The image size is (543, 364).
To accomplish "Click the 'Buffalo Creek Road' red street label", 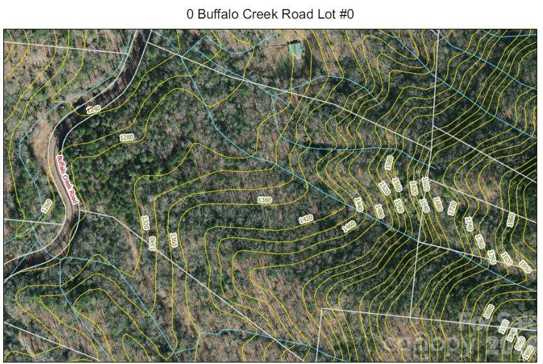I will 67,179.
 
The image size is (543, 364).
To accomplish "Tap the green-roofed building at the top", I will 295,48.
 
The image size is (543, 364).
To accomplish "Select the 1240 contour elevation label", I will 94,110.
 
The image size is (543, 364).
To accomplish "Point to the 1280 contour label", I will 127,137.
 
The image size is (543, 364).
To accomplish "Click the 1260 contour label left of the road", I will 46,206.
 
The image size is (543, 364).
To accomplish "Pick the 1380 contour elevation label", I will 265,200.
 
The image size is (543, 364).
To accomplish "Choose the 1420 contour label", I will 306,219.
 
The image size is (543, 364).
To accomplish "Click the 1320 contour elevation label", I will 145,223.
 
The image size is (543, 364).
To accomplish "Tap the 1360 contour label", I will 173,240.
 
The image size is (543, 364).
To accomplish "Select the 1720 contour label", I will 452,208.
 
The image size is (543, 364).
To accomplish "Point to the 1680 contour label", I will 438,204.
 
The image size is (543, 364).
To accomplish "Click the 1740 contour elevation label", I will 469,224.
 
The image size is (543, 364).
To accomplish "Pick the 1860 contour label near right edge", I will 511,220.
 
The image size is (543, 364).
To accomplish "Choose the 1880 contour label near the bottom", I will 489,311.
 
